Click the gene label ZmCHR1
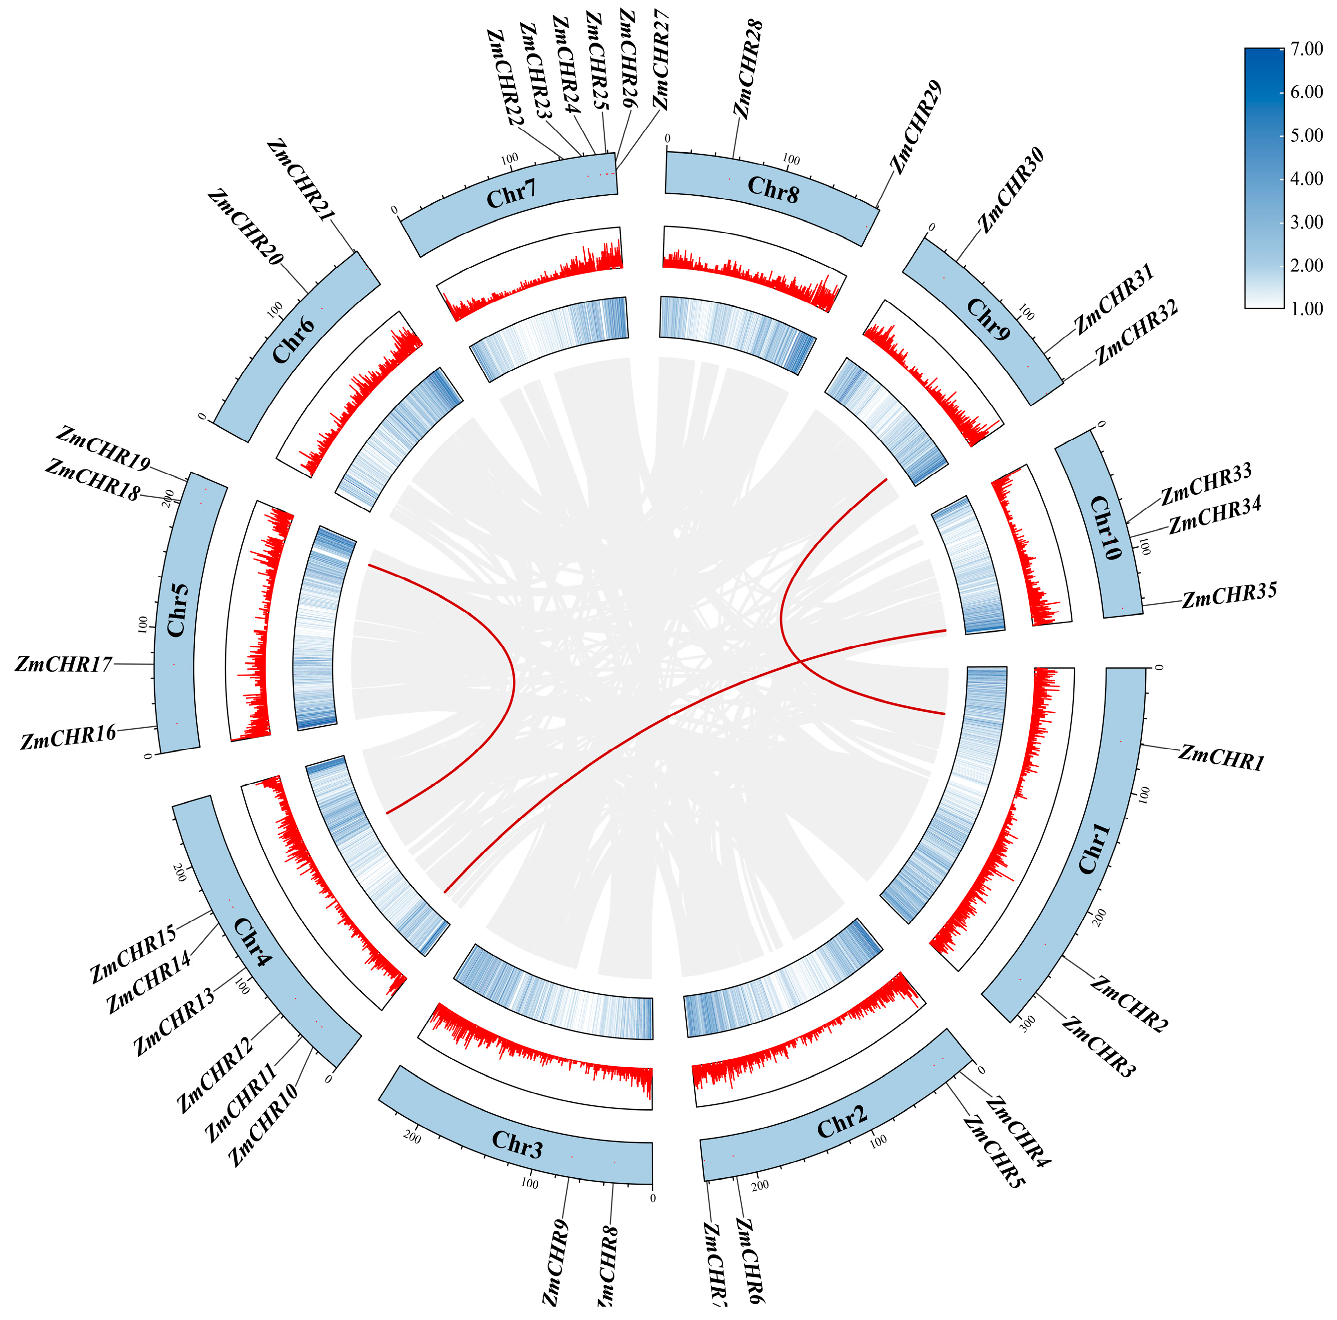(1222, 757)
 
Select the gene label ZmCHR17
(63, 665)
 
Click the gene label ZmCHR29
(915, 127)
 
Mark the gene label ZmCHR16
(68, 738)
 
